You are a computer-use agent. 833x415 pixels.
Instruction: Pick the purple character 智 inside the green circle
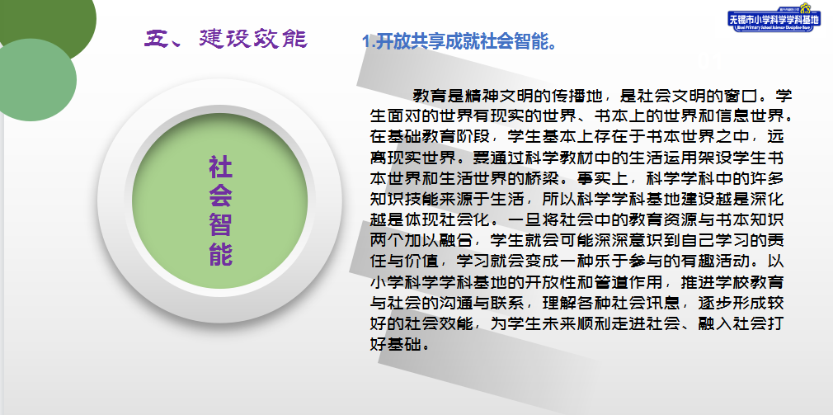click(x=220, y=223)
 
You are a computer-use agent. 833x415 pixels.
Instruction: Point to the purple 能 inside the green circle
click(x=220, y=252)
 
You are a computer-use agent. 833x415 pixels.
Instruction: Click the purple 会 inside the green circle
click(x=220, y=196)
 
